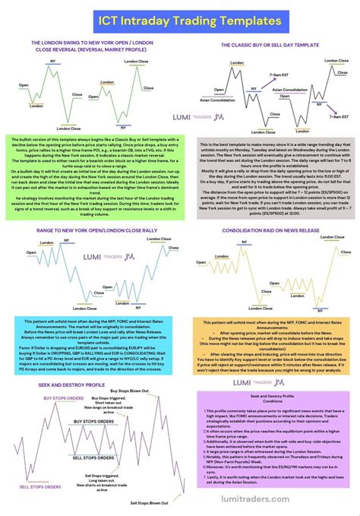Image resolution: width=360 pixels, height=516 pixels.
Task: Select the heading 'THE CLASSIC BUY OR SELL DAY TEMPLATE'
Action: coord(270,45)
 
